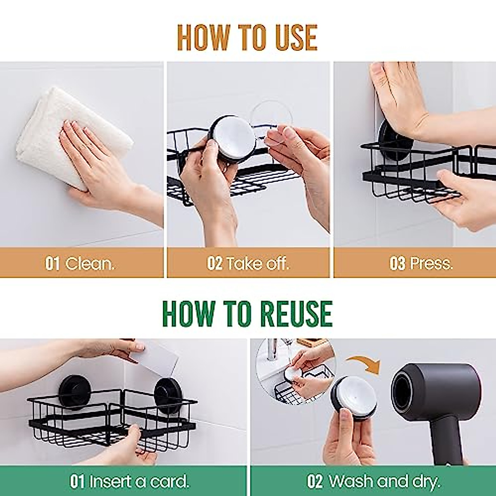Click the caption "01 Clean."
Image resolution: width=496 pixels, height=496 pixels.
coord(80,263)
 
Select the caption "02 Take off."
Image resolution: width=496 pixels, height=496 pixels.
coord(248,263)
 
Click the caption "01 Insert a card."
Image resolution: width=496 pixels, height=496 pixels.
coord(129,481)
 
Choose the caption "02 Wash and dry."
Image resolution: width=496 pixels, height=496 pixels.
coord(374,481)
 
